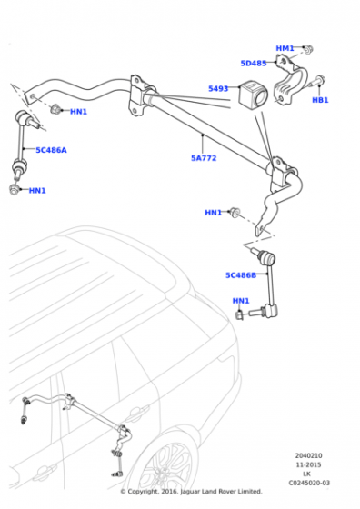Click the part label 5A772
(x=204, y=158)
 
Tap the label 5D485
(x=254, y=64)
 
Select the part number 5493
(x=218, y=88)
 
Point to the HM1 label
(x=285, y=48)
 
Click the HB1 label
(x=320, y=100)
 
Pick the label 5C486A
(x=51, y=150)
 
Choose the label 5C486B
(x=241, y=275)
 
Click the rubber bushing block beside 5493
(x=252, y=94)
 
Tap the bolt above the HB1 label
(x=315, y=81)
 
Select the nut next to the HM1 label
(x=309, y=50)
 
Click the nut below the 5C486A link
(x=15, y=189)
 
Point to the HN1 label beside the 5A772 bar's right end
(x=214, y=213)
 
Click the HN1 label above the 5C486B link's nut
(x=241, y=301)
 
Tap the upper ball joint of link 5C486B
(x=269, y=258)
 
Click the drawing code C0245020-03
(x=309, y=483)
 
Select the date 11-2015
(x=308, y=464)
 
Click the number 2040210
(x=308, y=455)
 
